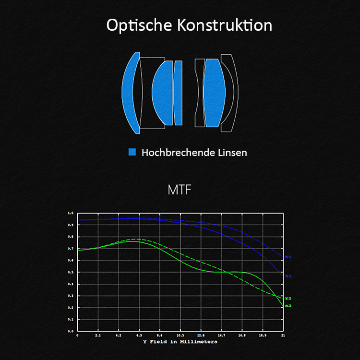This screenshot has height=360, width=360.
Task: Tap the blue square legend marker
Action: click(132, 152)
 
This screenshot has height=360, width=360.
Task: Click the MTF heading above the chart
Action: click(180, 190)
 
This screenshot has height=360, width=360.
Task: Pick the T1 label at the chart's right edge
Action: click(288, 257)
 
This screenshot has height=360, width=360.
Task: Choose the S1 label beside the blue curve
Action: click(288, 276)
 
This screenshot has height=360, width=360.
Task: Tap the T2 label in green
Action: click(288, 299)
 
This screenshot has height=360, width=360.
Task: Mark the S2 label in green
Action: click(288, 306)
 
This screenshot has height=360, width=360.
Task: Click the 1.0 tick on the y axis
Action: click(71, 213)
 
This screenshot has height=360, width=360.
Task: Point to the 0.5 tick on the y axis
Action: click(71, 272)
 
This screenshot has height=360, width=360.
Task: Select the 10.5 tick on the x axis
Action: click(180, 336)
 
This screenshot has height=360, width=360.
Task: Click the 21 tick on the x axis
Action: click(283, 336)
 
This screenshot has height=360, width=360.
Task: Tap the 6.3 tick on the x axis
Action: click(139, 336)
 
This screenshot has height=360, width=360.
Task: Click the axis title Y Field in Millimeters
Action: click(180, 342)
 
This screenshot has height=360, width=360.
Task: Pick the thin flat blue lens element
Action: click(178, 93)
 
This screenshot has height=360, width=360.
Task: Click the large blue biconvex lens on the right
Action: click(213, 93)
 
